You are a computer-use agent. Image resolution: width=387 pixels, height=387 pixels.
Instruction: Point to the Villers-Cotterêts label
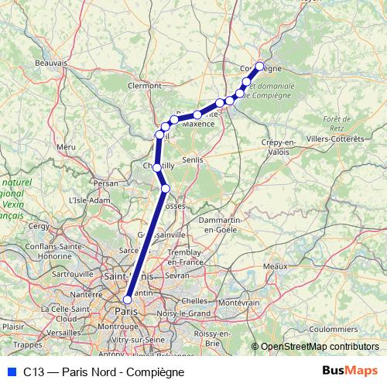334,139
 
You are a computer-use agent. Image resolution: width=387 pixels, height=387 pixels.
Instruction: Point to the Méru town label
65,146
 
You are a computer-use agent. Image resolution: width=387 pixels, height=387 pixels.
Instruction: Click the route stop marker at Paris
128,300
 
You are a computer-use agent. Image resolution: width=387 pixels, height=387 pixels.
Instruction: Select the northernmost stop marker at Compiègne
260,66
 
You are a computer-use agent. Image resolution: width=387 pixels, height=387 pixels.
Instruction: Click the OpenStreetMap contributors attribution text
319,347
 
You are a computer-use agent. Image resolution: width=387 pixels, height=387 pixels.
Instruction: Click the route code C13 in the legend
33,372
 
